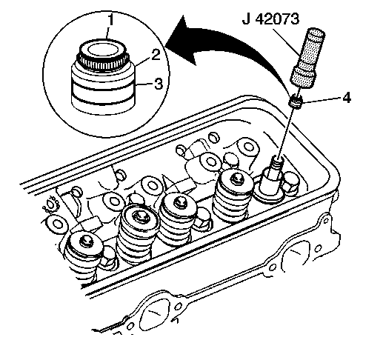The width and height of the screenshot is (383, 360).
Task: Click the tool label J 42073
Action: (x=270, y=19)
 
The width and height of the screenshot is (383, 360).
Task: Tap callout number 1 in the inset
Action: (x=110, y=20)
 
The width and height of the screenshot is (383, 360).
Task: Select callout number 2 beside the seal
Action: (x=156, y=55)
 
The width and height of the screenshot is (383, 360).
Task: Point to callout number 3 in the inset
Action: (x=159, y=84)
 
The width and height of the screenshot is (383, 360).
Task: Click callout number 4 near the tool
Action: (x=346, y=97)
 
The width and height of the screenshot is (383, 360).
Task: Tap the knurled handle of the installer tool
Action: (x=307, y=59)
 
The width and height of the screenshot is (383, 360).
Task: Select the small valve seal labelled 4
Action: (x=296, y=101)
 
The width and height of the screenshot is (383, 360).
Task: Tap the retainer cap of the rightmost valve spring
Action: (x=235, y=181)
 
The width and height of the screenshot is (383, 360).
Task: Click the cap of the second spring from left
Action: (x=139, y=219)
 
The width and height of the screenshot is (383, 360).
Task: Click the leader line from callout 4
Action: (x=322, y=100)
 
